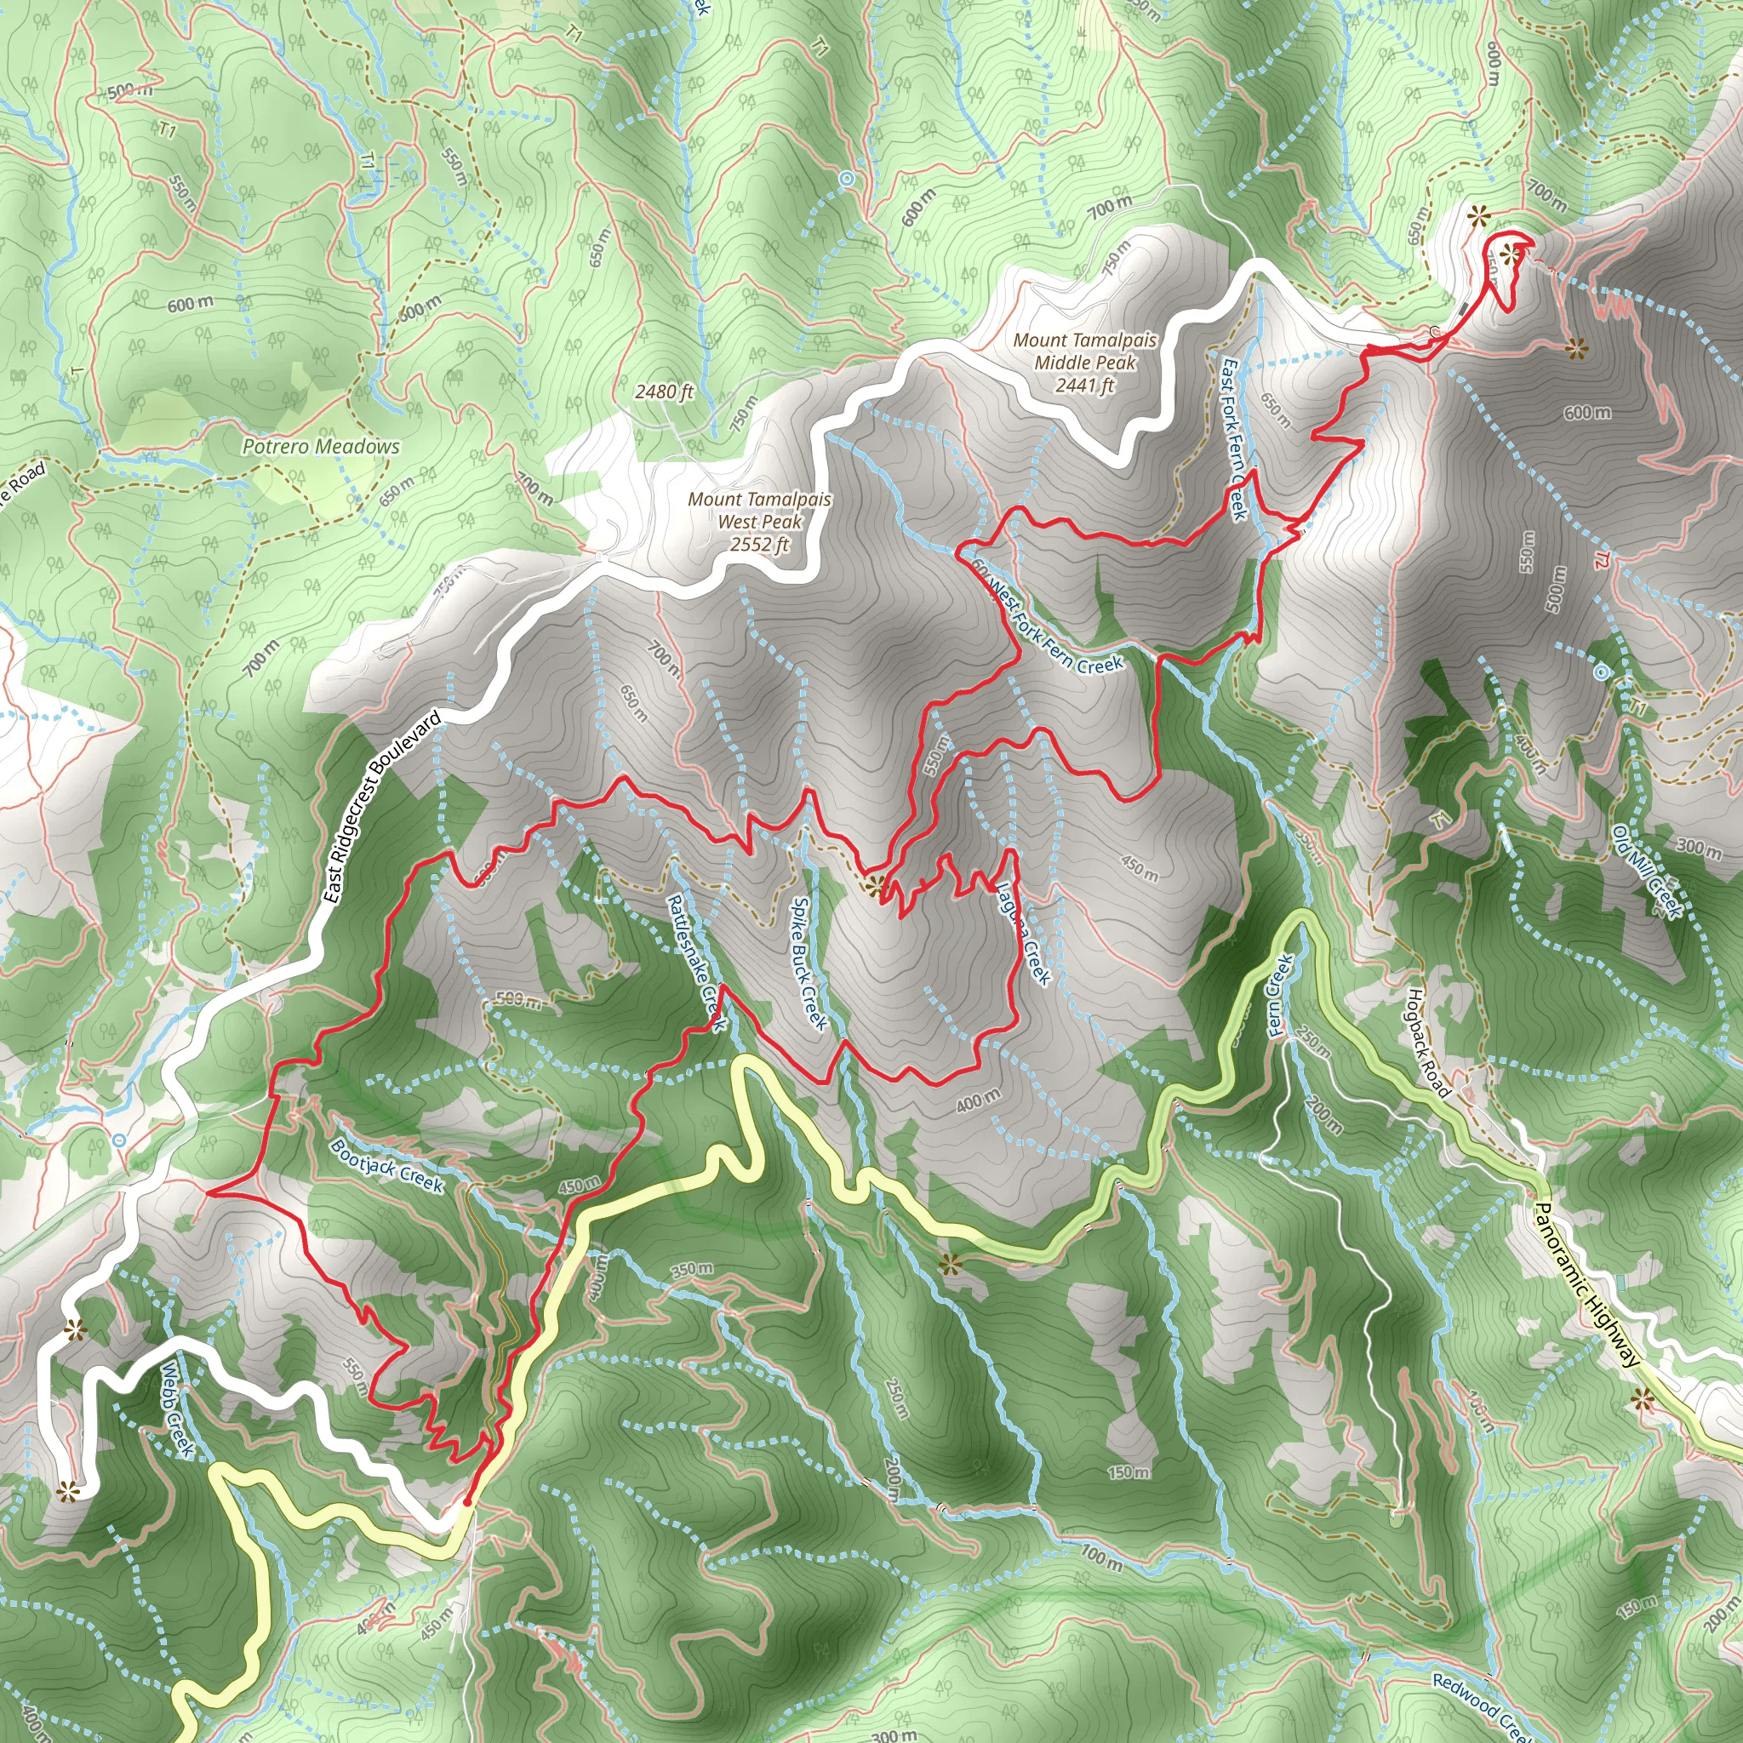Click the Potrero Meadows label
click(320, 447)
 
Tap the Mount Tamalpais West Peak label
click(760, 510)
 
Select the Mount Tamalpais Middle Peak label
click(1084, 351)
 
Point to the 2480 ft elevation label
click(664, 391)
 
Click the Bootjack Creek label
click(386, 1166)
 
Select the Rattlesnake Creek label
click(695, 963)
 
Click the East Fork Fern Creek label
click(1233, 439)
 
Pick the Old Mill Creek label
click(1648, 872)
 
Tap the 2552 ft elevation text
click(760, 545)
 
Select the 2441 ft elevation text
click(1084, 386)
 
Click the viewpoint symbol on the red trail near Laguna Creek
click(873, 886)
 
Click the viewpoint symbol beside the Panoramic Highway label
click(1642, 1399)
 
